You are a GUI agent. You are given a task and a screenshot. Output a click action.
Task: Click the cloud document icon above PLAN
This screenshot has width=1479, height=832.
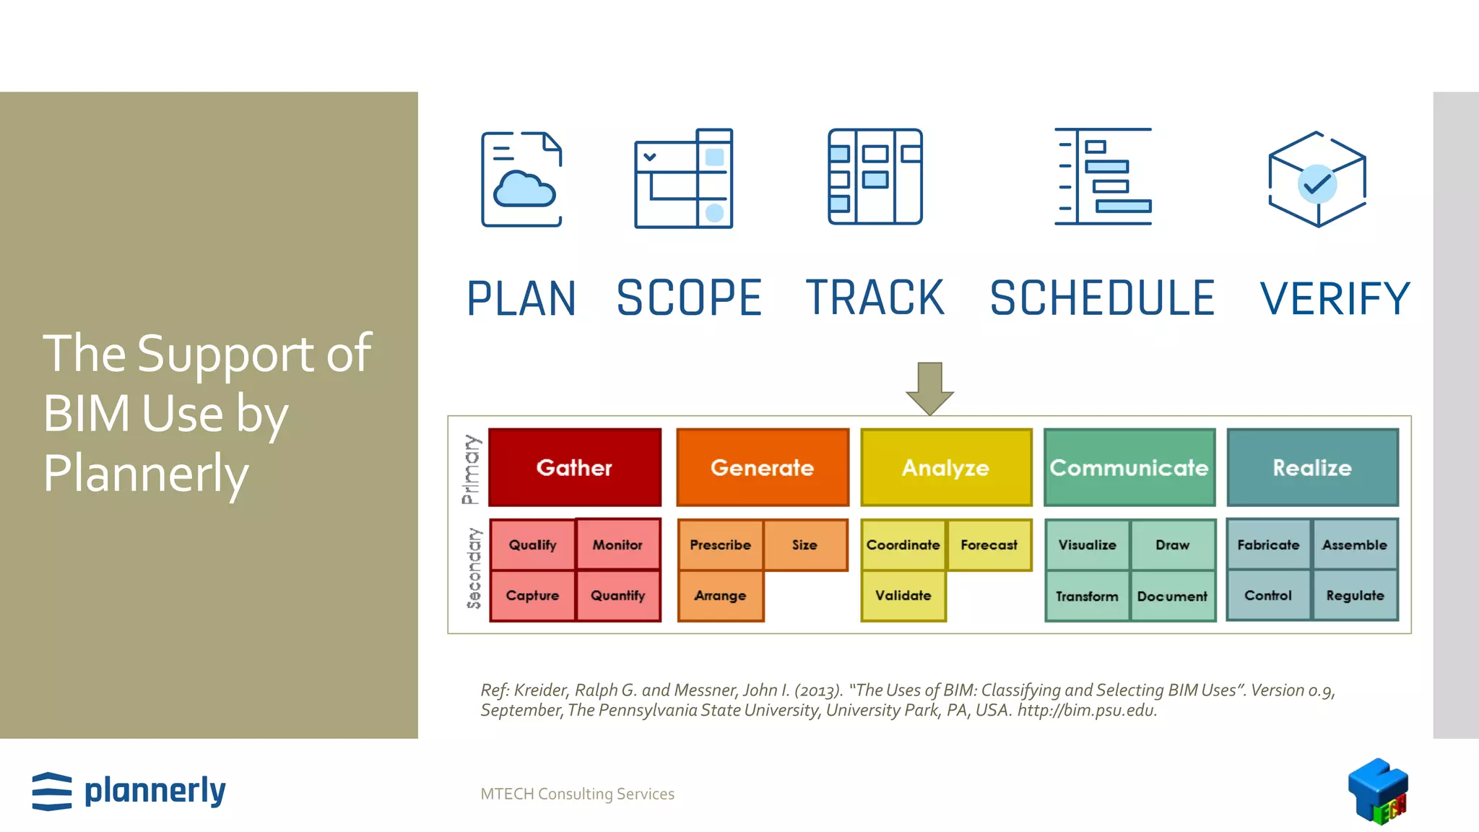tap(521, 179)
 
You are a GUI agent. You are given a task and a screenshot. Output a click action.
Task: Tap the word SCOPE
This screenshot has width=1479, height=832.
tap(689, 298)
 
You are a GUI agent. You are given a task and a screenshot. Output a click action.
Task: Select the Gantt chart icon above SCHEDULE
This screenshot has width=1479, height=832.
tap(1103, 177)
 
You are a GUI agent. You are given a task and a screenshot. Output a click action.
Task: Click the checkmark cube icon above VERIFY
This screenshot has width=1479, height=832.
tap(1317, 179)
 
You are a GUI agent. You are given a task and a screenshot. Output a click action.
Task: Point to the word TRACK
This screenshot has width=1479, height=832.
tap(875, 298)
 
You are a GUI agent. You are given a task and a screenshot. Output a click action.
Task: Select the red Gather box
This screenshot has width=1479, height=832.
tap(574, 467)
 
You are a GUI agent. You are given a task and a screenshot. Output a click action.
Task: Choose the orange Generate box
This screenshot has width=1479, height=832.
tap(762, 467)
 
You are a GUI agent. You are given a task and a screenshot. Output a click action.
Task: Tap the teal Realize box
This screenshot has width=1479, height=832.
tap(1312, 467)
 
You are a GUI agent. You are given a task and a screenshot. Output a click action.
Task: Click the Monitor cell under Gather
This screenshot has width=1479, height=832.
tap(617, 545)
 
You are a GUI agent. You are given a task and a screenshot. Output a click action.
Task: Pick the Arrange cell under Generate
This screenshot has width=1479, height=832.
tap(720, 596)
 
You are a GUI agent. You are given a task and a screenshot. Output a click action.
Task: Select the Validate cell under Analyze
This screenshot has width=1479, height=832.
tap(903, 596)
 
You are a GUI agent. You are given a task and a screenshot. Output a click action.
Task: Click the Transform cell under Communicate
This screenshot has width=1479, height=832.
tap(1087, 597)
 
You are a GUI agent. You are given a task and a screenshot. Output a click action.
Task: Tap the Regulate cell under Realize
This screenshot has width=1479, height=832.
tap(1355, 596)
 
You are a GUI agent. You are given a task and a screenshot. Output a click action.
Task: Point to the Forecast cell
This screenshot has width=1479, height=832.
tap(989, 545)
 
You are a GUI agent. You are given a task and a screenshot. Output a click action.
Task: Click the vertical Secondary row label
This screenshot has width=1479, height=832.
tap(474, 568)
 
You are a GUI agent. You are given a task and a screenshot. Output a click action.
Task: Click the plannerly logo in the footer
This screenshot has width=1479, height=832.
tap(129, 791)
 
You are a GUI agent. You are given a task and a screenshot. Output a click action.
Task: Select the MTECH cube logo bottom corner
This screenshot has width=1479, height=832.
tap(1378, 791)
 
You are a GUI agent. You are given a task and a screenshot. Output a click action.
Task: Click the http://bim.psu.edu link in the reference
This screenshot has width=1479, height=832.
tap(1087, 711)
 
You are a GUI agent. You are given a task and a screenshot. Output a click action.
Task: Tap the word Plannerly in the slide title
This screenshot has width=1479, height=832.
tap(146, 474)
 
